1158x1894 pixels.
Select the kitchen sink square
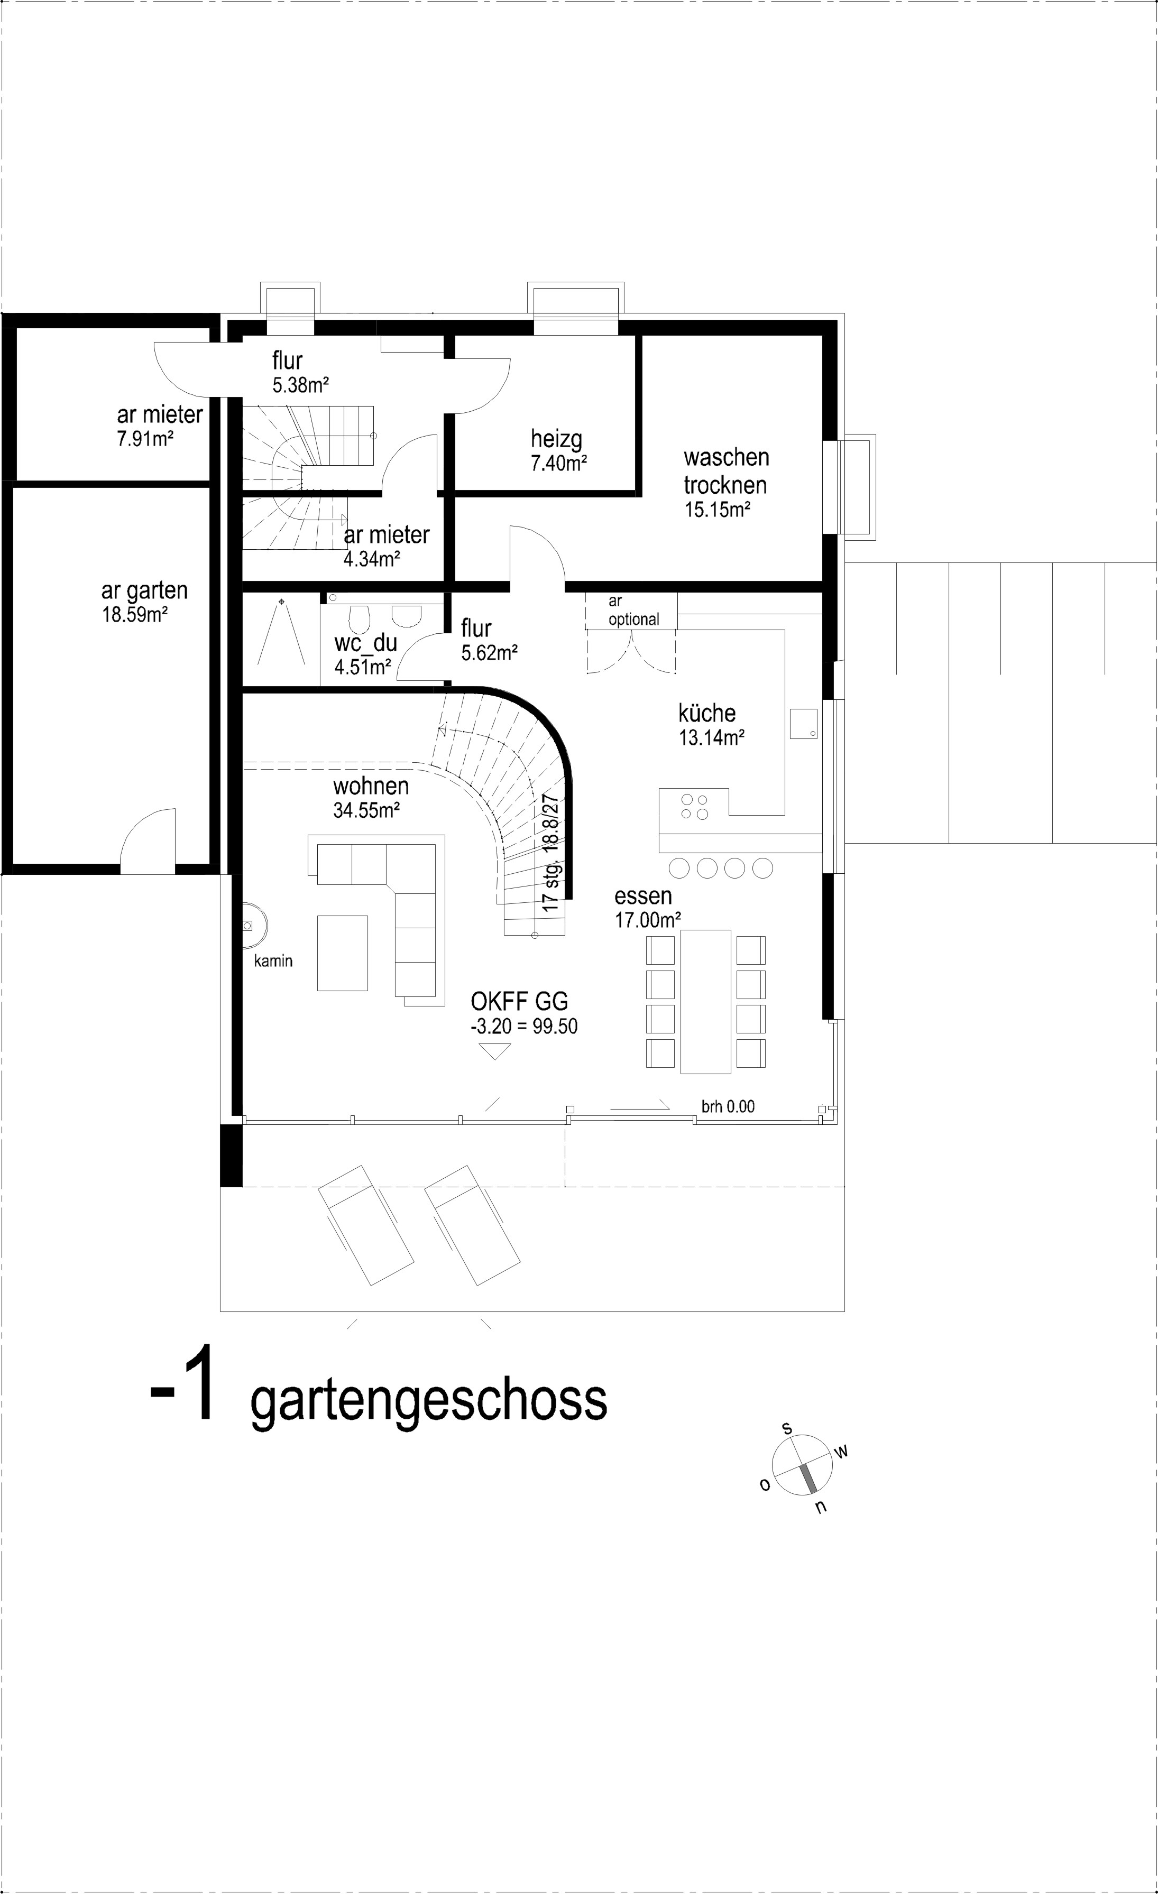[x=803, y=723]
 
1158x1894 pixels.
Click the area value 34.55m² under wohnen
[x=366, y=810]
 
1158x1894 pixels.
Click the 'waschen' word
[x=726, y=458]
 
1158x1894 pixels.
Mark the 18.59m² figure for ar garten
[x=135, y=615]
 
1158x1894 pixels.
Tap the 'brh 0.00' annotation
[x=728, y=1107]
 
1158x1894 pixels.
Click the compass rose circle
[x=802, y=1467]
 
